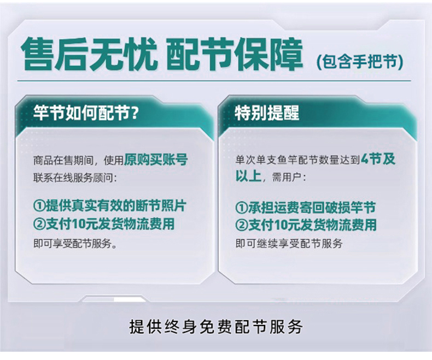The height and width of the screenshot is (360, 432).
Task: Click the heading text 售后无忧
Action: coord(90,55)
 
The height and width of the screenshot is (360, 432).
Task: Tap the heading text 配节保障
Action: coord(235,55)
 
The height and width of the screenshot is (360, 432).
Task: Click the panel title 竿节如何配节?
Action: coord(85,113)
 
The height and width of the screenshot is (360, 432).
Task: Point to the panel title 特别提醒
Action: coord(267,113)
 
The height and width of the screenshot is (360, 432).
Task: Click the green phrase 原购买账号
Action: coord(156,160)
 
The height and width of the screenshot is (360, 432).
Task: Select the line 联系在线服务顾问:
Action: coord(75,178)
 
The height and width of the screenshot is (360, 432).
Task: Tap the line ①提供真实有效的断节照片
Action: coord(110,205)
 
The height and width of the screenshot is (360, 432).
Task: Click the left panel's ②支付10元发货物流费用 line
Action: coord(104,224)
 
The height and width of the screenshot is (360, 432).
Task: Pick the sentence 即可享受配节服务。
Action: coord(75,243)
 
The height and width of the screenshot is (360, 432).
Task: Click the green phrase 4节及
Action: coord(378,159)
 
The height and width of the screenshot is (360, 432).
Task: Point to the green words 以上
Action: coord(248,175)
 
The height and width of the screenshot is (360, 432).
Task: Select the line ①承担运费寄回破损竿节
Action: coord(306,207)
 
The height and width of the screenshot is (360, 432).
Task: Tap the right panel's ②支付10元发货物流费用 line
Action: coord(306,225)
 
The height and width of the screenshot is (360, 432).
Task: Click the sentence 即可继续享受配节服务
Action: coord(289,243)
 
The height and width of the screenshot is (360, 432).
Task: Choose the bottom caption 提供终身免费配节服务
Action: coord(216,327)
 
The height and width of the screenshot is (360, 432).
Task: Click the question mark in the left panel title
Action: coord(135,113)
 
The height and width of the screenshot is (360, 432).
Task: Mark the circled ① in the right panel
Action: coord(242,208)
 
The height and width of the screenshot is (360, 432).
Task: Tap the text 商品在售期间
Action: coord(63,160)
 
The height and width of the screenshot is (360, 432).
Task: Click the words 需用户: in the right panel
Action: coord(289,178)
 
